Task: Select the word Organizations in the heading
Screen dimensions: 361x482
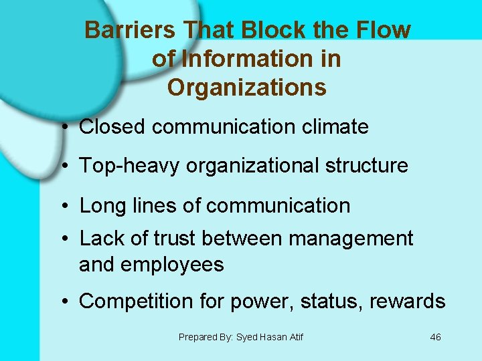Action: click(247, 88)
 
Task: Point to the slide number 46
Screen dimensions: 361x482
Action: click(435, 337)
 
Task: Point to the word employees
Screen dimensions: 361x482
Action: click(172, 265)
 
